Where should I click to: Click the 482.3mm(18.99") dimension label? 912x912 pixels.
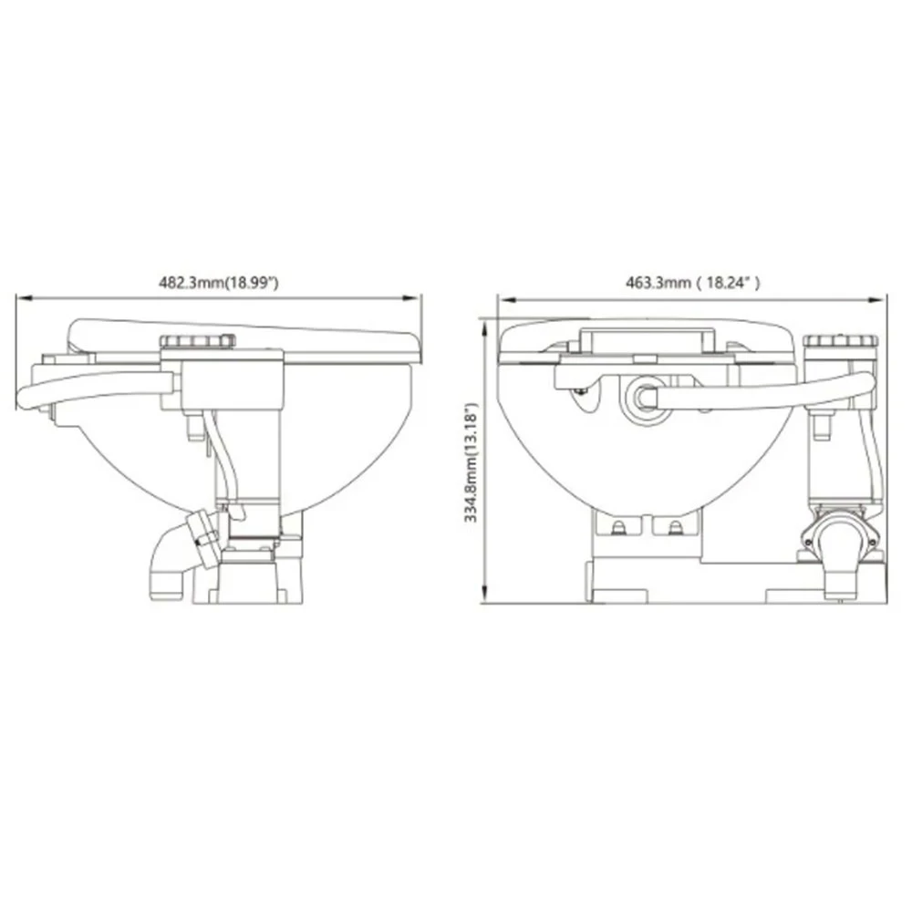[x=219, y=284]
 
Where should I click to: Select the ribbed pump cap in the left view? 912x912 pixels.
[x=197, y=341]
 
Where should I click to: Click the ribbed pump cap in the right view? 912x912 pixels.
[x=841, y=342]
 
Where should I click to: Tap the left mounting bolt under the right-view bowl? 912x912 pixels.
[x=620, y=527]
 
